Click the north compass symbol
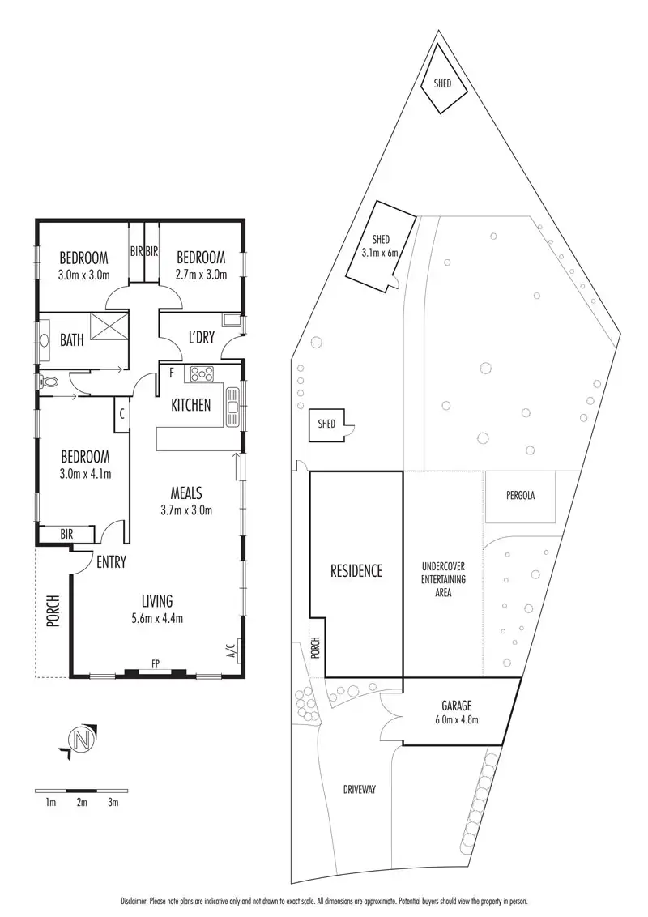click(79, 740)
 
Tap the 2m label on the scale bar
click(81, 803)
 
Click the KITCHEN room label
click(191, 404)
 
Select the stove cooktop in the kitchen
click(199, 375)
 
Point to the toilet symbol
click(50, 379)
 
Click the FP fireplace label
click(155, 664)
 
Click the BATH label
click(71, 340)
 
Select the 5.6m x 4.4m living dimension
click(157, 621)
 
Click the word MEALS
click(185, 493)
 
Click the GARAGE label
click(457, 706)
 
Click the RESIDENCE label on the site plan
click(356, 570)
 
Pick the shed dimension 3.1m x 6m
click(381, 252)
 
